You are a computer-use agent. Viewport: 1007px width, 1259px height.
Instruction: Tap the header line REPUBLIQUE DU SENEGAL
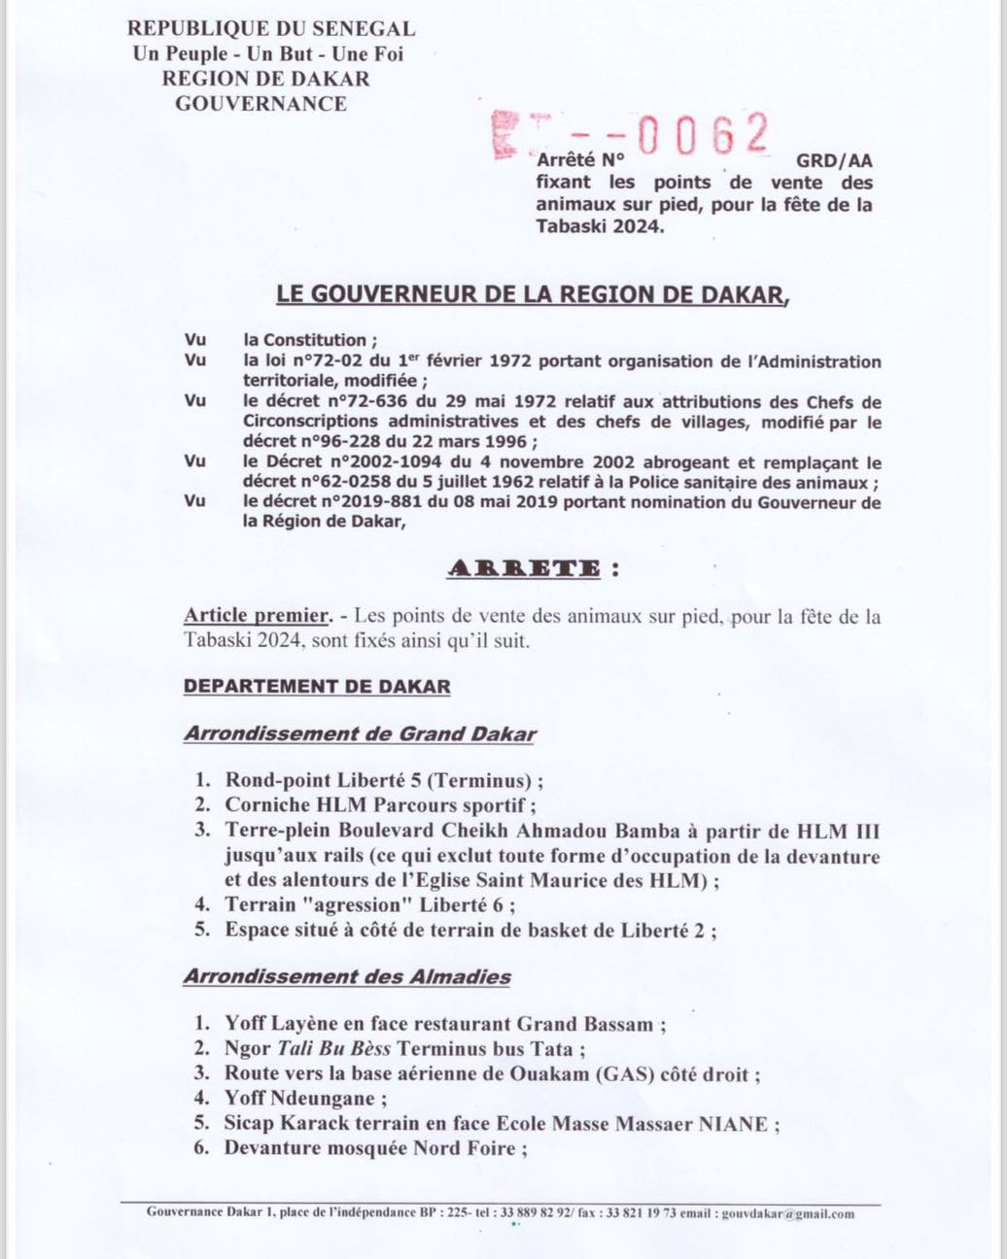click(x=271, y=30)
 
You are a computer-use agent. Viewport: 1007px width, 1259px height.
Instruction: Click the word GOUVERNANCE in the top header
click(x=260, y=103)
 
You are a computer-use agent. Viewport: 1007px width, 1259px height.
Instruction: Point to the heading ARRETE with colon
click(x=532, y=569)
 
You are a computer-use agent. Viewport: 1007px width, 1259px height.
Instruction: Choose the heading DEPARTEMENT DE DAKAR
click(x=317, y=687)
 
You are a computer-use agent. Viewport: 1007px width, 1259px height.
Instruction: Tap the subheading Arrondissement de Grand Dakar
click(x=360, y=734)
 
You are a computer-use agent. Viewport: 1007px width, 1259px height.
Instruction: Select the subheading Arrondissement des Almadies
click(x=347, y=976)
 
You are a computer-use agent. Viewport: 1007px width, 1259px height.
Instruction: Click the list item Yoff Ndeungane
click(x=305, y=1099)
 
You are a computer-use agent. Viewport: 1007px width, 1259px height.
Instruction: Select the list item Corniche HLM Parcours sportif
click(x=379, y=804)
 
